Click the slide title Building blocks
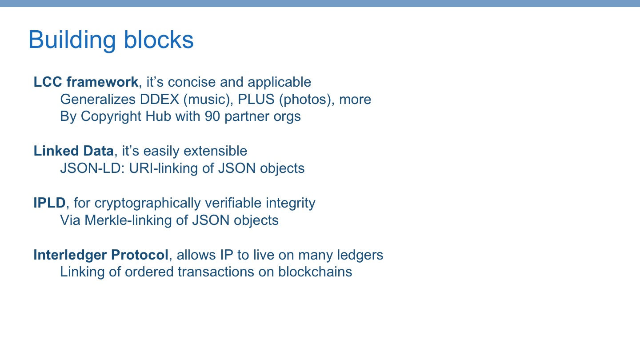(111, 40)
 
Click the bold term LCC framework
(86, 82)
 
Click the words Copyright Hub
(125, 116)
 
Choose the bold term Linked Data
(73, 151)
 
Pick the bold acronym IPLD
(49, 203)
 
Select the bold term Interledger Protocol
(101, 255)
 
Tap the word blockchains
(315, 272)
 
